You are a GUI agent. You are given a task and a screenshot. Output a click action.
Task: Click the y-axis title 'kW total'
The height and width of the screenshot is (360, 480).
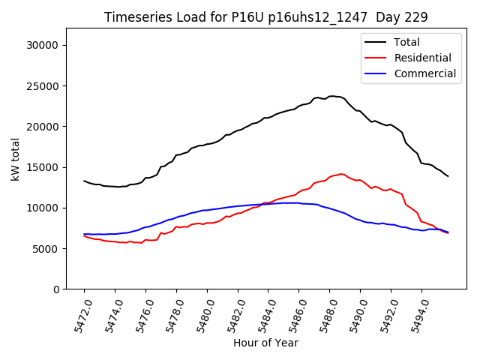tap(16, 158)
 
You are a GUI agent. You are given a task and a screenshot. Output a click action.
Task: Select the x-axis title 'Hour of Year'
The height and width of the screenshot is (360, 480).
tap(265, 343)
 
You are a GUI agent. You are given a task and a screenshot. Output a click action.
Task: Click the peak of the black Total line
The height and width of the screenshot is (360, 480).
tap(331, 96)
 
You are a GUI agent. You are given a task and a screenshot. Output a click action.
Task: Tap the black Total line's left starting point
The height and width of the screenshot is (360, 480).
tap(84, 181)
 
